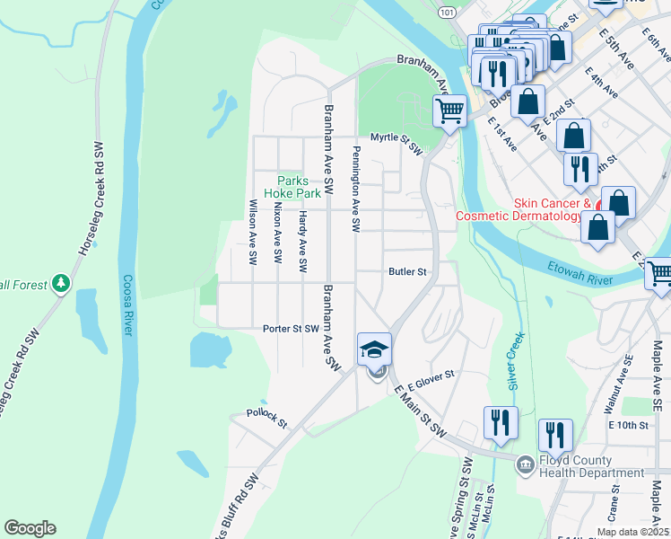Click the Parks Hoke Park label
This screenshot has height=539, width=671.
298,187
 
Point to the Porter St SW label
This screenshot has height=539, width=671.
291,329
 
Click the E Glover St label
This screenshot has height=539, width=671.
431,379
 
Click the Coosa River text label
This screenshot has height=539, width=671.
127,305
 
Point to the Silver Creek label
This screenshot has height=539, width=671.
515,357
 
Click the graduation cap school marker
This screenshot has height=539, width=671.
375,349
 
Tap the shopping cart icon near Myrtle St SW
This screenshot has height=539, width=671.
449,111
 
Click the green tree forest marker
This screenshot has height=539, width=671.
61,284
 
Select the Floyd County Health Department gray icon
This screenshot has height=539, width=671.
525,464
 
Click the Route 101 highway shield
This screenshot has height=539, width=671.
446,11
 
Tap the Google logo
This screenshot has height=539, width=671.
30,528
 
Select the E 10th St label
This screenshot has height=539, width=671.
627,424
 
